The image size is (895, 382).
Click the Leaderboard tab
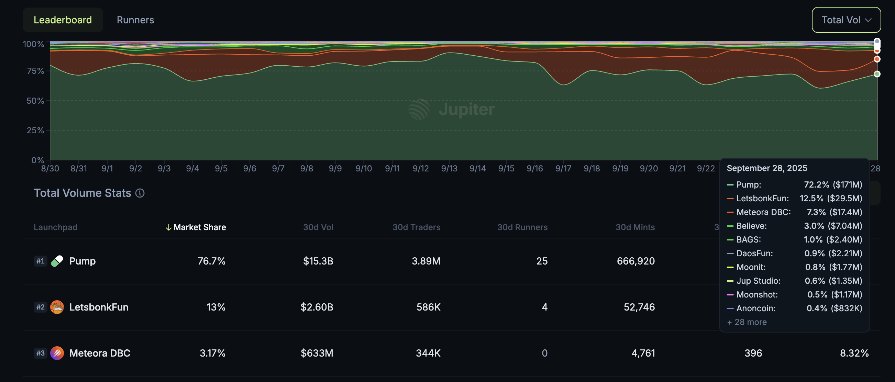click(63, 20)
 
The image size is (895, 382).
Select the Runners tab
click(135, 20)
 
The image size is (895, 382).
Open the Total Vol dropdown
click(846, 20)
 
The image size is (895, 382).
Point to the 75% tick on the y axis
click(35, 71)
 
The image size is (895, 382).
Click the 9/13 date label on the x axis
click(449, 168)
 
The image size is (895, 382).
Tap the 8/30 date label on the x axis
click(50, 168)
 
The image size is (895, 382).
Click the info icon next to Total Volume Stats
click(140, 193)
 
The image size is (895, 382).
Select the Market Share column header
click(199, 227)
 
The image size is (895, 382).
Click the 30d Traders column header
click(416, 227)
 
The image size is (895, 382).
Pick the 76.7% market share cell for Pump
click(211, 261)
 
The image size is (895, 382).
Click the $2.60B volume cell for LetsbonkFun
click(317, 307)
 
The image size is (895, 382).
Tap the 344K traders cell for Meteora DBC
click(428, 353)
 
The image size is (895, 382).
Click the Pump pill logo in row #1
click(57, 261)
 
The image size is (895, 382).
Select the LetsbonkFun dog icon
click(57, 307)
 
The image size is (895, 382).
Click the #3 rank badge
click(40, 353)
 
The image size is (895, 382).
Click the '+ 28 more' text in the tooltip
click(747, 322)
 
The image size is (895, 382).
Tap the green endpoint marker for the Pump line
click(876, 74)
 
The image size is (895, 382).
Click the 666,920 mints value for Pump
click(636, 261)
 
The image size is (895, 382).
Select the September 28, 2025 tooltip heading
click(766, 168)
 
